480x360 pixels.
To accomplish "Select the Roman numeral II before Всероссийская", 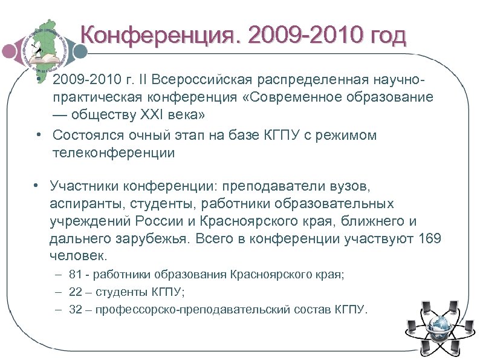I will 144,80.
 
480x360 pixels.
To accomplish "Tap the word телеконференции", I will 114,152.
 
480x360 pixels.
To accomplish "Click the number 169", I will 430,238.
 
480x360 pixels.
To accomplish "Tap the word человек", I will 79,255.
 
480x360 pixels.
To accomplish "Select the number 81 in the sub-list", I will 76,275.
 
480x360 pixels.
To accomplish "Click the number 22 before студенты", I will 76,292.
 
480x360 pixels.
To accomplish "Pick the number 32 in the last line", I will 76,310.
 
